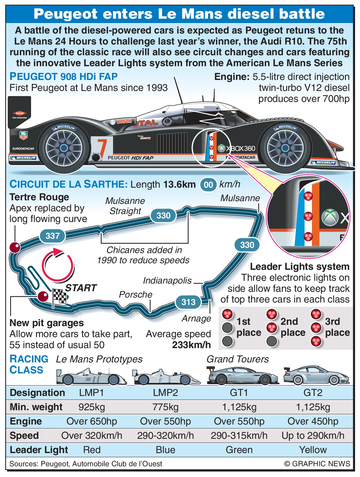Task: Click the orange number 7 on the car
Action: pyautogui.click(x=102, y=147)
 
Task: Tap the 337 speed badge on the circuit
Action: pyautogui.click(x=52, y=236)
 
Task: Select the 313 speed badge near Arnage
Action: pyautogui.click(x=188, y=302)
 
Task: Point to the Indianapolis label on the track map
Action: pyautogui.click(x=167, y=280)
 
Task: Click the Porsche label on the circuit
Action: pyautogui.click(x=135, y=294)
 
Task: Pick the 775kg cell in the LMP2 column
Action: pyautogui.click(x=165, y=407)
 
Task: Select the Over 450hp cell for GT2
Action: pyautogui.click(x=313, y=421)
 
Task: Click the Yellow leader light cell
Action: pyautogui.click(x=313, y=450)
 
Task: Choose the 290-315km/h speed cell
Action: pyautogui.click(x=239, y=436)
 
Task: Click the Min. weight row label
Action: pyautogui.click(x=36, y=407)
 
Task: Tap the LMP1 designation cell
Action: pyautogui.click(x=91, y=393)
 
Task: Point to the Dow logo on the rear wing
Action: pyautogui.click(x=20, y=113)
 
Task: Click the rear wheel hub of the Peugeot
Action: pyautogui.click(x=64, y=148)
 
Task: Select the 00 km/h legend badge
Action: pyautogui.click(x=208, y=185)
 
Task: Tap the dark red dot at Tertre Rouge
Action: pyautogui.click(x=15, y=247)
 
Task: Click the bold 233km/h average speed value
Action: pyautogui.click(x=191, y=345)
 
